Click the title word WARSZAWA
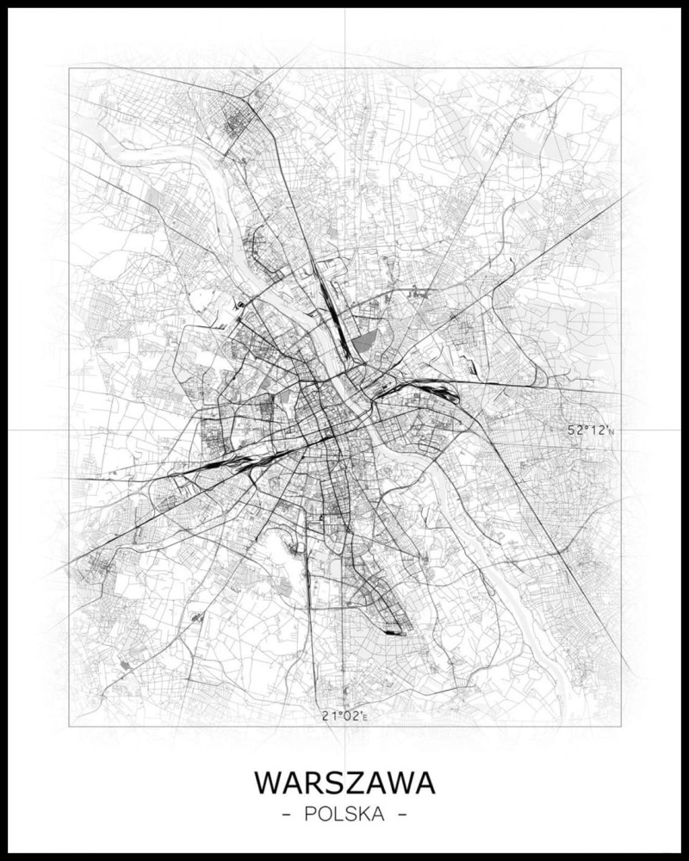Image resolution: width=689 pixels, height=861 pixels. click(x=344, y=783)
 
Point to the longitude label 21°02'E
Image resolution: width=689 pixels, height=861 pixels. click(x=344, y=715)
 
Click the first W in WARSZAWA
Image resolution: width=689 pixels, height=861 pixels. click(x=268, y=783)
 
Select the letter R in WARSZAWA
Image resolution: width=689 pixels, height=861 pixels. click(x=314, y=783)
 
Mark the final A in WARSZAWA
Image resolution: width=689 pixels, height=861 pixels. click(x=424, y=783)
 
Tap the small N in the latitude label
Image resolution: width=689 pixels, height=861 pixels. click(x=611, y=431)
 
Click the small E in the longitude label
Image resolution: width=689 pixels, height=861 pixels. click(x=365, y=716)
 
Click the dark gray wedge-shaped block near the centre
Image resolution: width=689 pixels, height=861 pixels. click(x=363, y=344)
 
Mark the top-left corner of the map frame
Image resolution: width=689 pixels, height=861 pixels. click(x=70, y=69)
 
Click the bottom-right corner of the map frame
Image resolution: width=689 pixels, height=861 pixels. click(x=621, y=726)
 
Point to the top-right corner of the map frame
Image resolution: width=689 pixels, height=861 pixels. click(x=621, y=69)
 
